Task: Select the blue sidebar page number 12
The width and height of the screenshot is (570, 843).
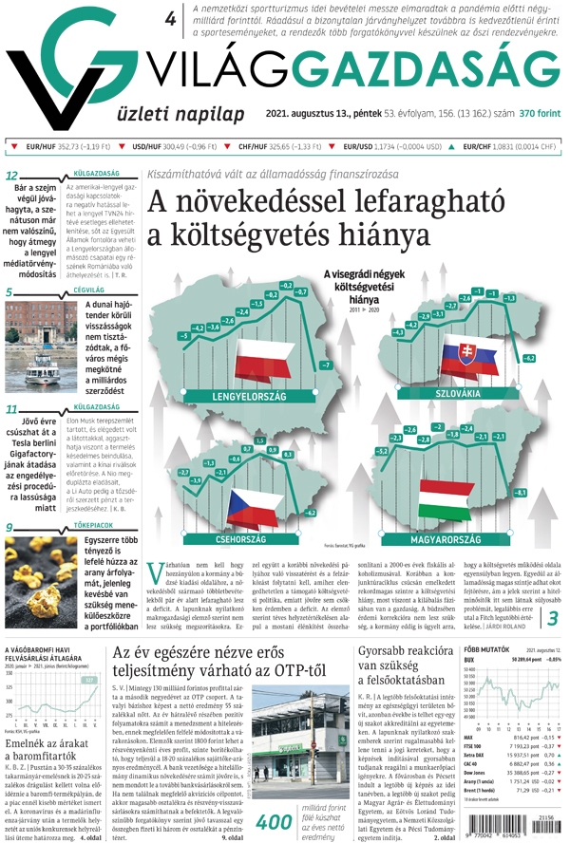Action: tap(12, 176)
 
